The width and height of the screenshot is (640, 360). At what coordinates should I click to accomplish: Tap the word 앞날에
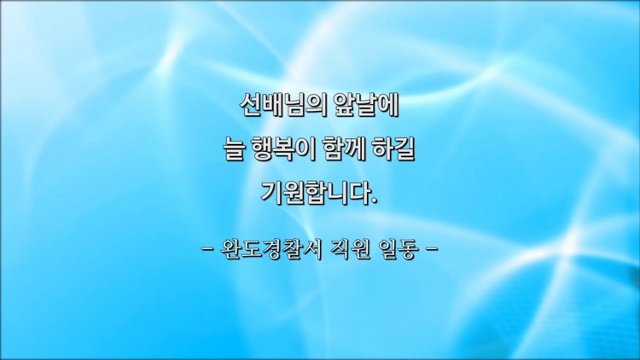(366, 106)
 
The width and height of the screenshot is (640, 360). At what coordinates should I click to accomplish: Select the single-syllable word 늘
(235, 149)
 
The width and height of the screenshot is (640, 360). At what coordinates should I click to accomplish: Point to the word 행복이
(283, 149)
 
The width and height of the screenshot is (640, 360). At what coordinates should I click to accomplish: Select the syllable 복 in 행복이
(283, 149)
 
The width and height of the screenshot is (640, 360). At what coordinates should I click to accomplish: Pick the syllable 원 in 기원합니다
(294, 193)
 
